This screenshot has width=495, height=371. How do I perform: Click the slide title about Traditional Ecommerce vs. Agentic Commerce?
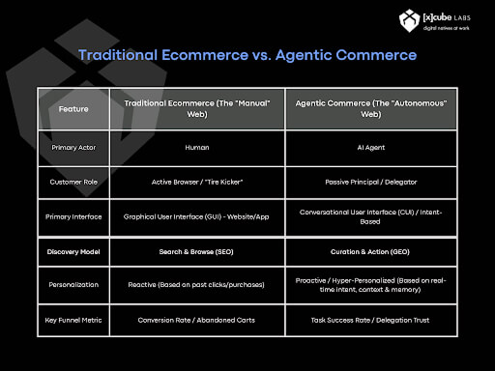tap(247, 55)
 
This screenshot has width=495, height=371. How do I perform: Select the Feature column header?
tap(73, 109)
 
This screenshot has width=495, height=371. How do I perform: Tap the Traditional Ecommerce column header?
tap(196, 109)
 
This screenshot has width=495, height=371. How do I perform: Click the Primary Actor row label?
tap(73, 150)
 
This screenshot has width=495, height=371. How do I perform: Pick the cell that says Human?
tap(196, 150)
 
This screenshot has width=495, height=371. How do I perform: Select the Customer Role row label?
tap(73, 182)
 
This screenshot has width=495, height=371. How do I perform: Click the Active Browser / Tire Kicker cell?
tap(196, 182)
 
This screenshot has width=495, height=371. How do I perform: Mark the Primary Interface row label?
tap(73, 216)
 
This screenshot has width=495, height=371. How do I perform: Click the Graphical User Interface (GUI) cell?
tap(196, 216)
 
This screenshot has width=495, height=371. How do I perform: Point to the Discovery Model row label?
tap(73, 252)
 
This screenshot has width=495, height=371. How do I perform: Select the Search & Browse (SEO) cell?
tap(196, 252)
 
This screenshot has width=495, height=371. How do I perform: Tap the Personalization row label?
tap(73, 286)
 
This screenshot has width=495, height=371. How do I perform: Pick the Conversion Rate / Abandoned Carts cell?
tap(196, 321)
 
